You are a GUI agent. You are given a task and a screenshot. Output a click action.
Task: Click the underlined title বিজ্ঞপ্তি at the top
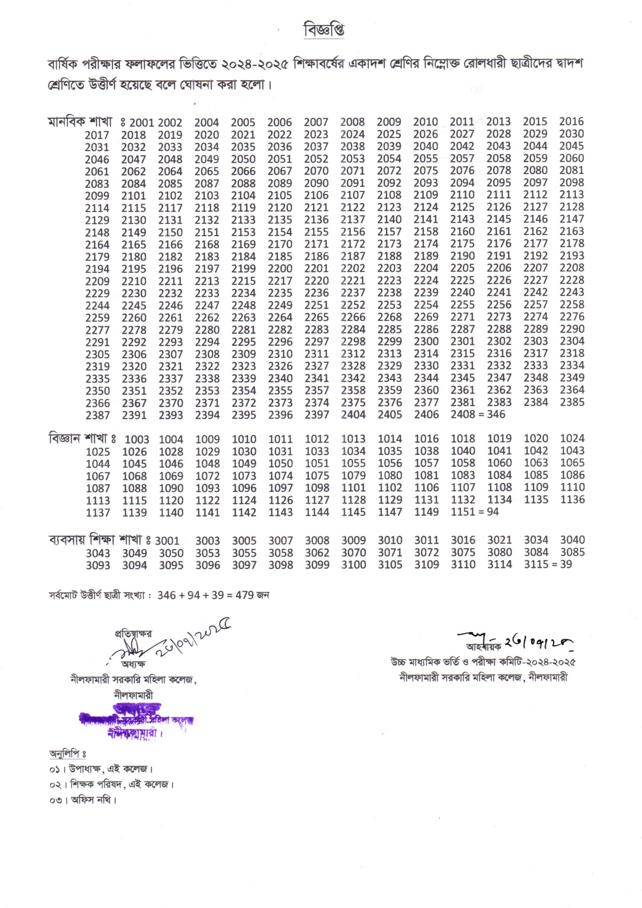[323, 31]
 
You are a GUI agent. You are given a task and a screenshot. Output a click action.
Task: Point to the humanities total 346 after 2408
[496, 414]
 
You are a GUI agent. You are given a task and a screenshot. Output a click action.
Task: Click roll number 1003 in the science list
[137, 439]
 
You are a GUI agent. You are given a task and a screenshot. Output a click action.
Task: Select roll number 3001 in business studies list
[167, 541]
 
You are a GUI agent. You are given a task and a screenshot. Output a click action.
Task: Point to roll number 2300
[426, 342]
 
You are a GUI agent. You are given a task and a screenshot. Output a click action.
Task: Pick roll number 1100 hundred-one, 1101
[353, 488]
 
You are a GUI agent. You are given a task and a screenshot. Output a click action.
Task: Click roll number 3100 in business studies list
[353, 565]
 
